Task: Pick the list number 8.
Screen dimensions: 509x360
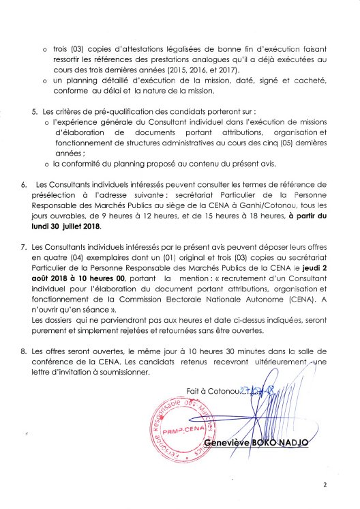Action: coord(24,349)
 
